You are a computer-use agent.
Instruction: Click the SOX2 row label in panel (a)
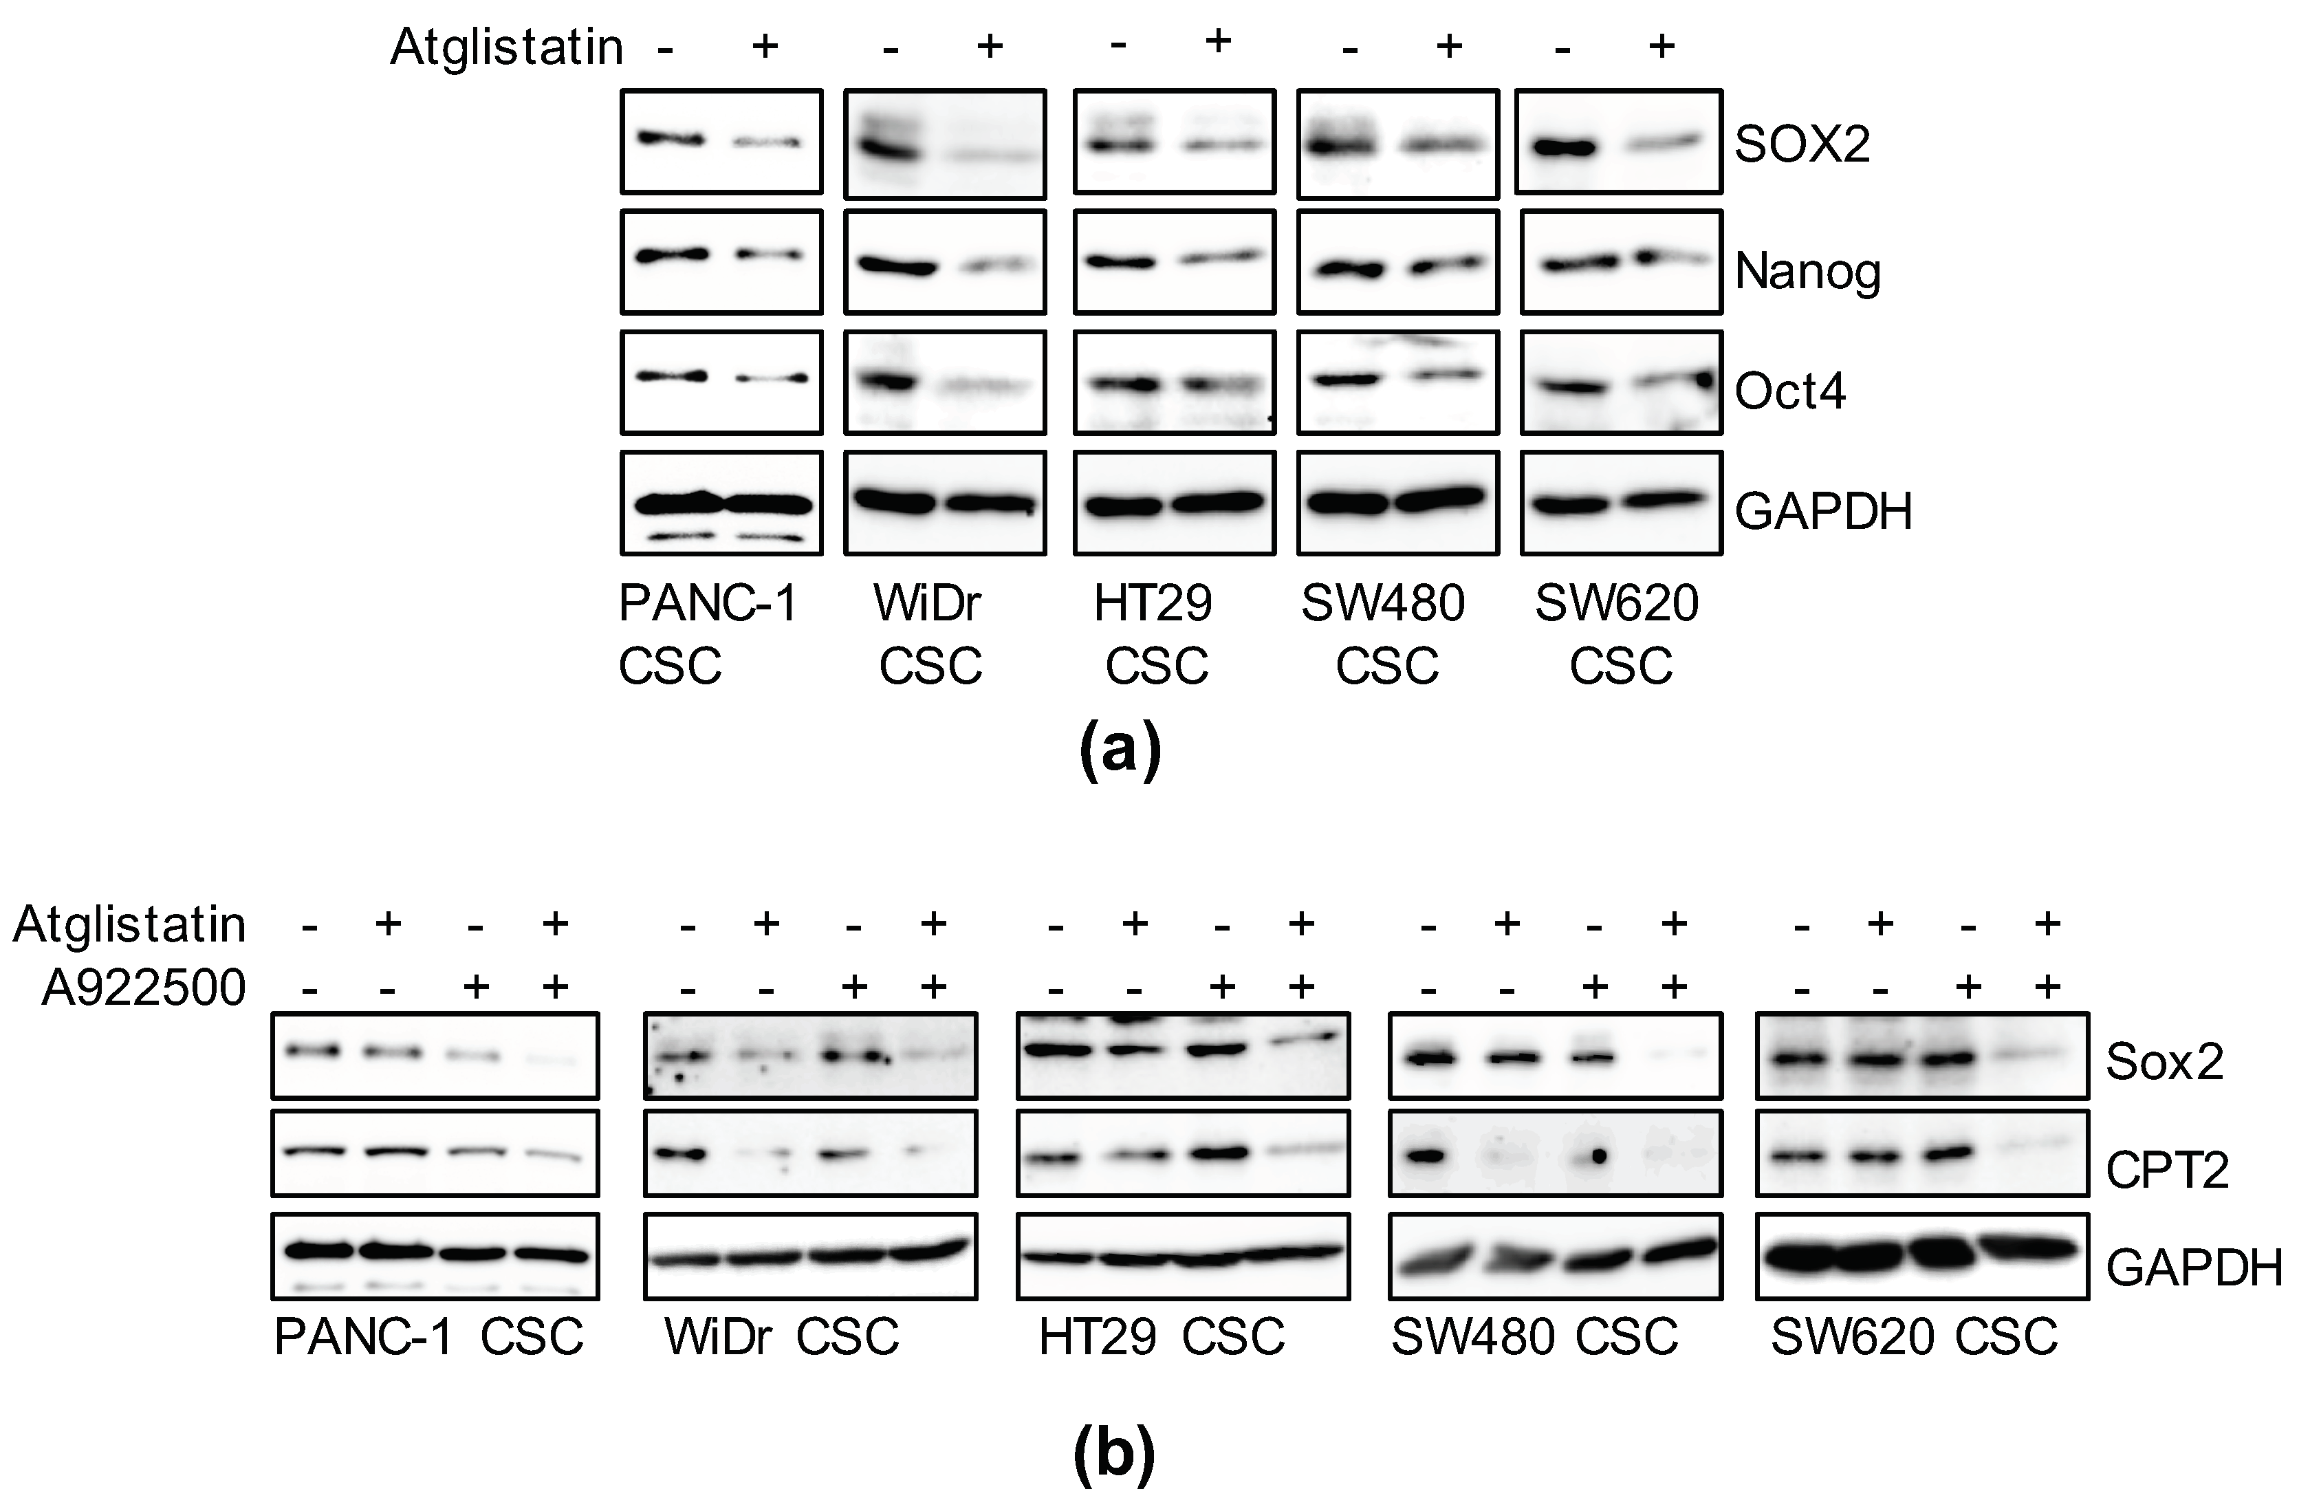click(1802, 145)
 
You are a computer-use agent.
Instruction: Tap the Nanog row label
click(1807, 272)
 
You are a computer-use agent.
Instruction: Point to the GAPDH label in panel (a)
click(1824, 511)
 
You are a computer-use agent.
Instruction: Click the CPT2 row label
click(2167, 1171)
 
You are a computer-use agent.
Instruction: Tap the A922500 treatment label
click(144, 987)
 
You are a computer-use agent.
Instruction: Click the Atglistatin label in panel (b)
click(129, 925)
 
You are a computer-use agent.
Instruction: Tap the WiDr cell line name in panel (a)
click(927, 604)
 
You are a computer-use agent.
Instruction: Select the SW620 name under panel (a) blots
click(1616, 604)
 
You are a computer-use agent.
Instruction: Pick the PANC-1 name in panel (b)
click(363, 1338)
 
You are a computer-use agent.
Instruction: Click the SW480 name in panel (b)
click(1472, 1338)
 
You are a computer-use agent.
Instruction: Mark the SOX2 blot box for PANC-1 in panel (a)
click(721, 142)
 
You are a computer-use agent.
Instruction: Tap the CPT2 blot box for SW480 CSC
click(1554, 1154)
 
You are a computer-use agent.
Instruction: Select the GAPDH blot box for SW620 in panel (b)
click(1921, 1256)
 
